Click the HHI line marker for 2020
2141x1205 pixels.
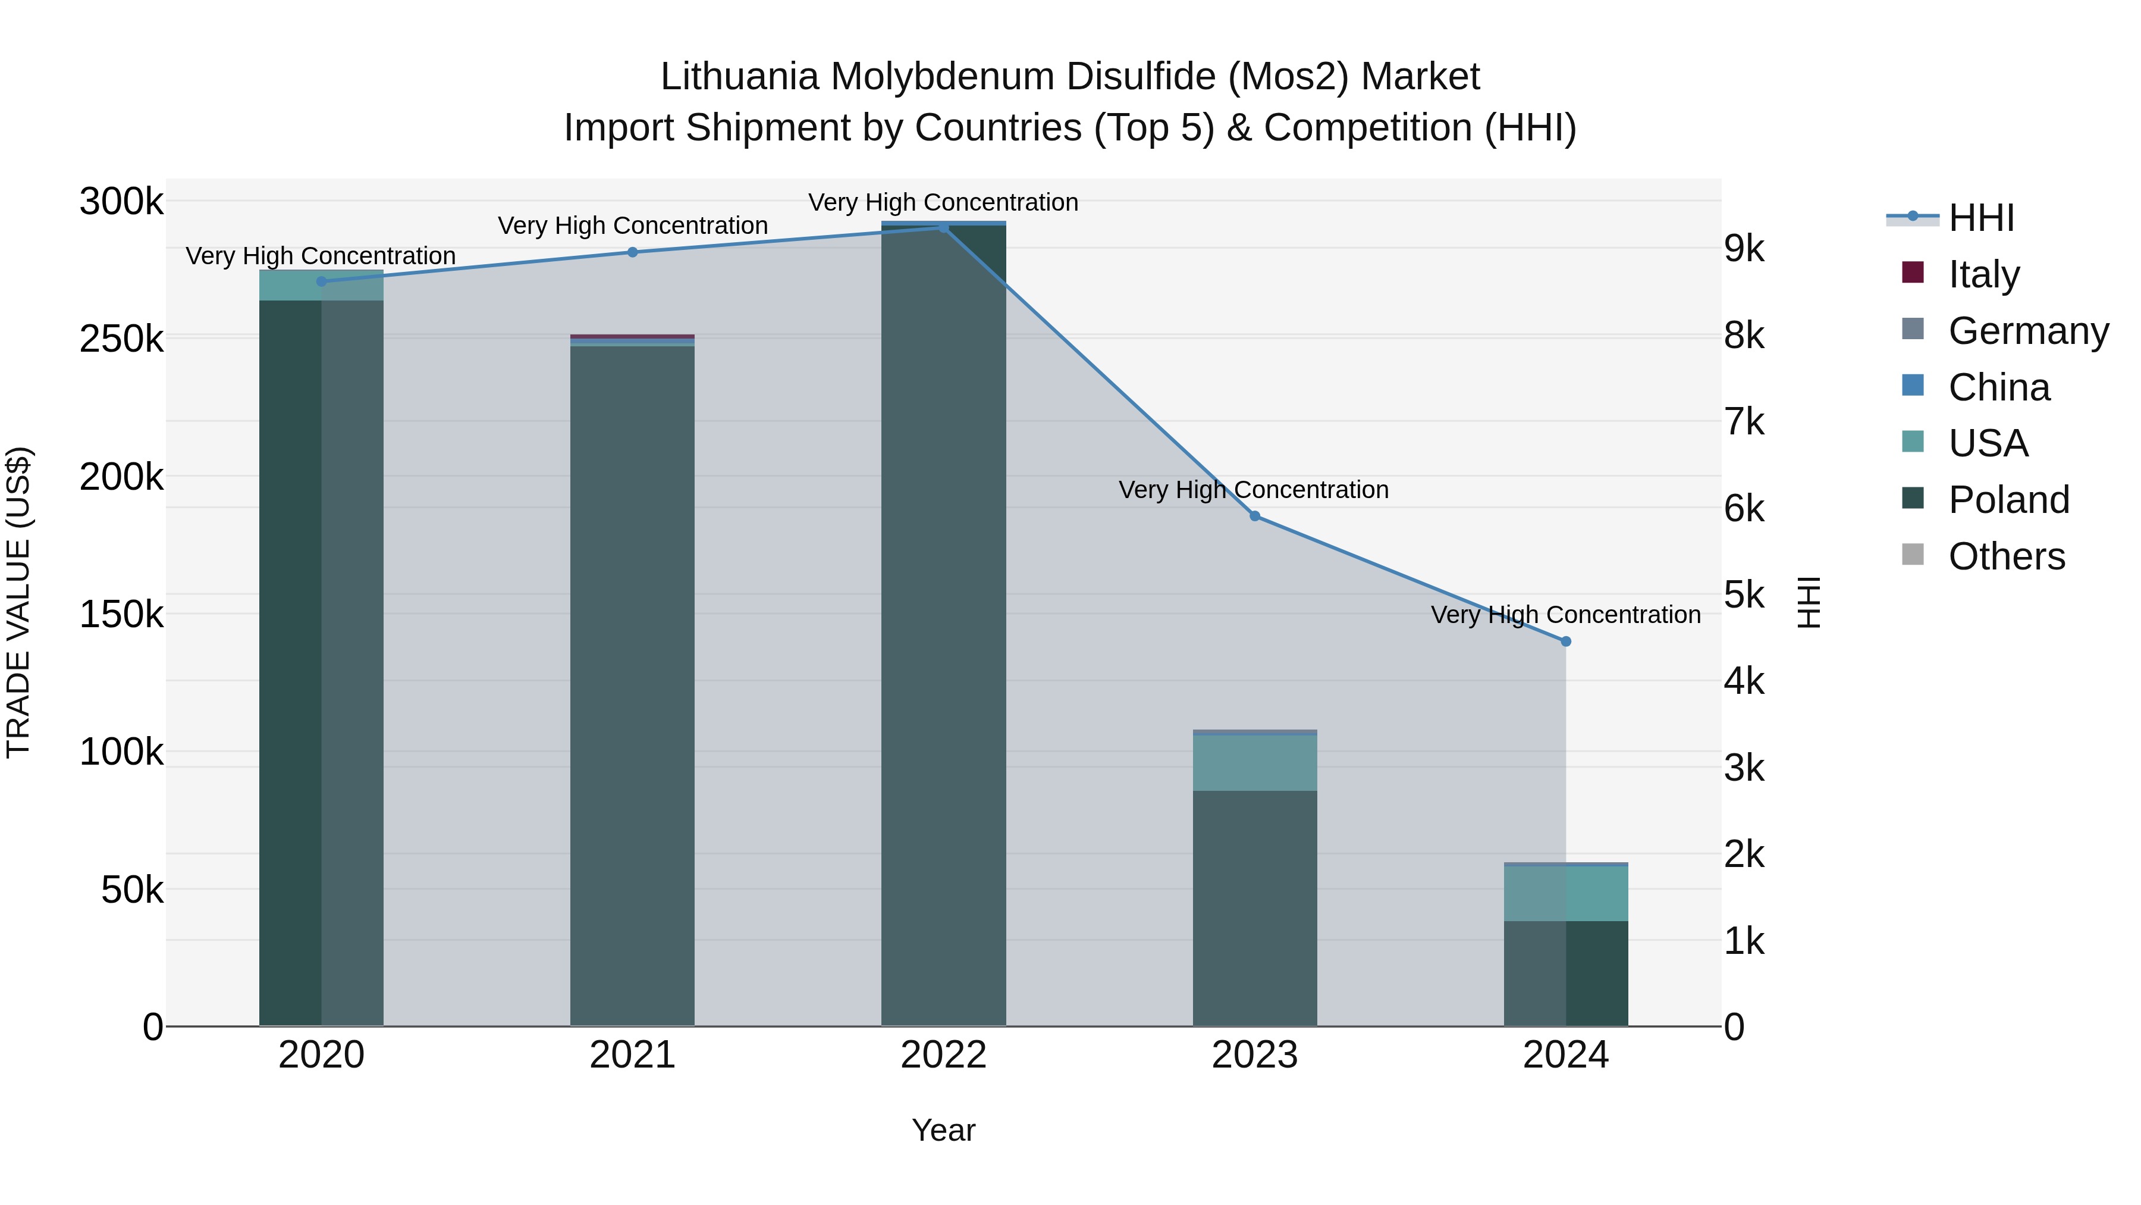coord(322,282)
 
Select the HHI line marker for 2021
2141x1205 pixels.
coord(633,252)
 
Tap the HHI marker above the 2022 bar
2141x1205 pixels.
coord(943,228)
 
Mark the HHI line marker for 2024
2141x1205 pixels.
coord(1566,641)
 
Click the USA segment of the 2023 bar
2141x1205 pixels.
coord(1255,763)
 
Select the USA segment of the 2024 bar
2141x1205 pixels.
coord(1566,894)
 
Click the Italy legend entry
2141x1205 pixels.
coord(1983,274)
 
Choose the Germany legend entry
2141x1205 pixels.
coord(2028,331)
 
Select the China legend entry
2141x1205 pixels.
coord(1999,387)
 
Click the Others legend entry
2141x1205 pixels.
coord(2007,556)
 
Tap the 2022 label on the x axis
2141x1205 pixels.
coord(943,1055)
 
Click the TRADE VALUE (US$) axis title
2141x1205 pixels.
coord(18,602)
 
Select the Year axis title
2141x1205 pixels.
coord(943,1130)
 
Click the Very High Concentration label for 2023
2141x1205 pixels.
coord(1253,490)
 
